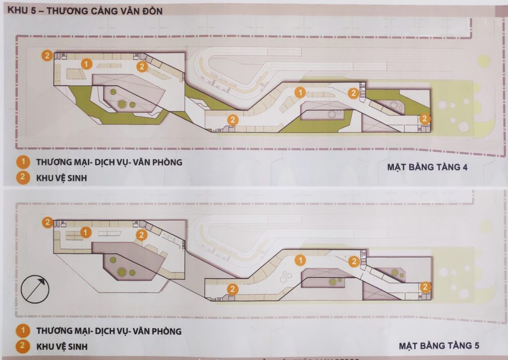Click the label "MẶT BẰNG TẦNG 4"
pos(427,167)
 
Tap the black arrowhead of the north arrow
pos(42,281)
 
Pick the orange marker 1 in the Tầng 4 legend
pos(22,162)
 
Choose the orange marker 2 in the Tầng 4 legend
pos(22,178)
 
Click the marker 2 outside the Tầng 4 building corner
pos(47,56)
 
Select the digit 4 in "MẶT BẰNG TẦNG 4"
pos(465,167)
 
